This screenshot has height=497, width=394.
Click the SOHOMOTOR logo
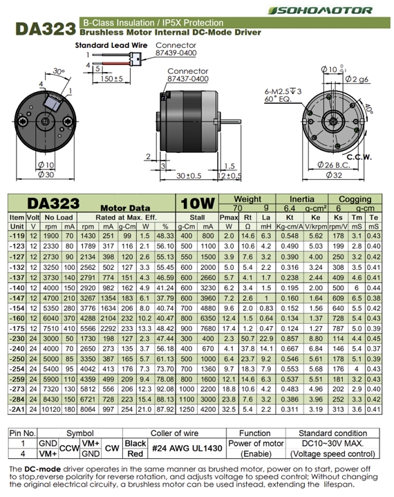point(320,10)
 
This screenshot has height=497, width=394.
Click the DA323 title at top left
point(46,28)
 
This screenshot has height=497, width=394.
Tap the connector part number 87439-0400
point(176,53)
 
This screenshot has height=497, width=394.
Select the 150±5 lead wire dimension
point(111,78)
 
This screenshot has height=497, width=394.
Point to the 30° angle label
point(59,71)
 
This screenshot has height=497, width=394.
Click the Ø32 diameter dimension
point(334,174)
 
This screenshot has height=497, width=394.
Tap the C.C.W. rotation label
point(359,157)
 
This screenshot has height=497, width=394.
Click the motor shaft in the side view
point(229,121)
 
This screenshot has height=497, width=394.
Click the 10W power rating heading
point(198,204)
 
